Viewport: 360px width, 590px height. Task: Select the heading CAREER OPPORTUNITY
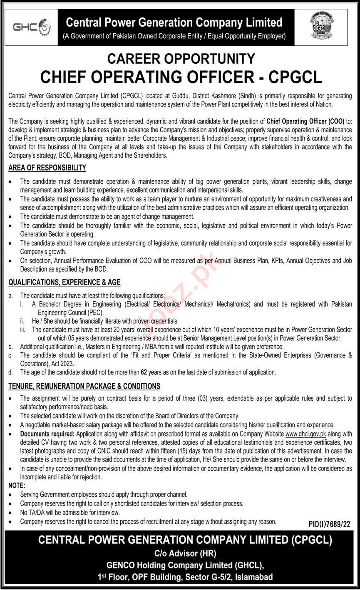pyautogui.click(x=181, y=59)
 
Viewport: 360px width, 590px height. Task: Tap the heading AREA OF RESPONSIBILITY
pyautogui.click(x=47, y=168)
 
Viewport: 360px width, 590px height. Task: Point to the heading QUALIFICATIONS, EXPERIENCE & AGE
pyautogui.click(x=65, y=282)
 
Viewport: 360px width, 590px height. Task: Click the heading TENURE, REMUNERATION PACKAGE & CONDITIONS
pyautogui.click(x=84, y=387)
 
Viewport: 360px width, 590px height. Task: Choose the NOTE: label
pyautogui.click(x=17, y=486)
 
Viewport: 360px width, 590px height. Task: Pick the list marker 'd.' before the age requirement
pyautogui.click(x=11, y=372)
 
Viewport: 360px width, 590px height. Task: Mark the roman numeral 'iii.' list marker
pyautogui.click(x=23, y=330)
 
